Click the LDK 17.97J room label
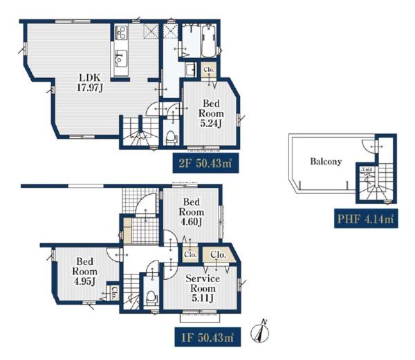[x=89, y=83]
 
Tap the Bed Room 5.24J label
[x=211, y=113]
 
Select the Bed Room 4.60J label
[x=192, y=212]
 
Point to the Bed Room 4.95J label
[x=84, y=272]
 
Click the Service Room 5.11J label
[x=203, y=288]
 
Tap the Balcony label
[x=326, y=161]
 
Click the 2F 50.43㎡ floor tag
[x=205, y=163]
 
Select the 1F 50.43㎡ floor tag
[x=207, y=337]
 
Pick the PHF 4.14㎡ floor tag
[x=366, y=218]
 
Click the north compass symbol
[x=259, y=332]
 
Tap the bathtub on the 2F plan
[x=209, y=41]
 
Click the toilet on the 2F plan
[x=171, y=138]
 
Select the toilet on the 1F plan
[x=151, y=298]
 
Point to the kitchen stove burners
[x=121, y=32]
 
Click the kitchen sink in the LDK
[x=121, y=58]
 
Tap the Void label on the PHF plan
[x=367, y=169]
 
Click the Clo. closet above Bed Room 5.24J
[x=209, y=70]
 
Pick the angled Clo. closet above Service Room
[x=219, y=254]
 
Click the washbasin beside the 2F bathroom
[x=190, y=70]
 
